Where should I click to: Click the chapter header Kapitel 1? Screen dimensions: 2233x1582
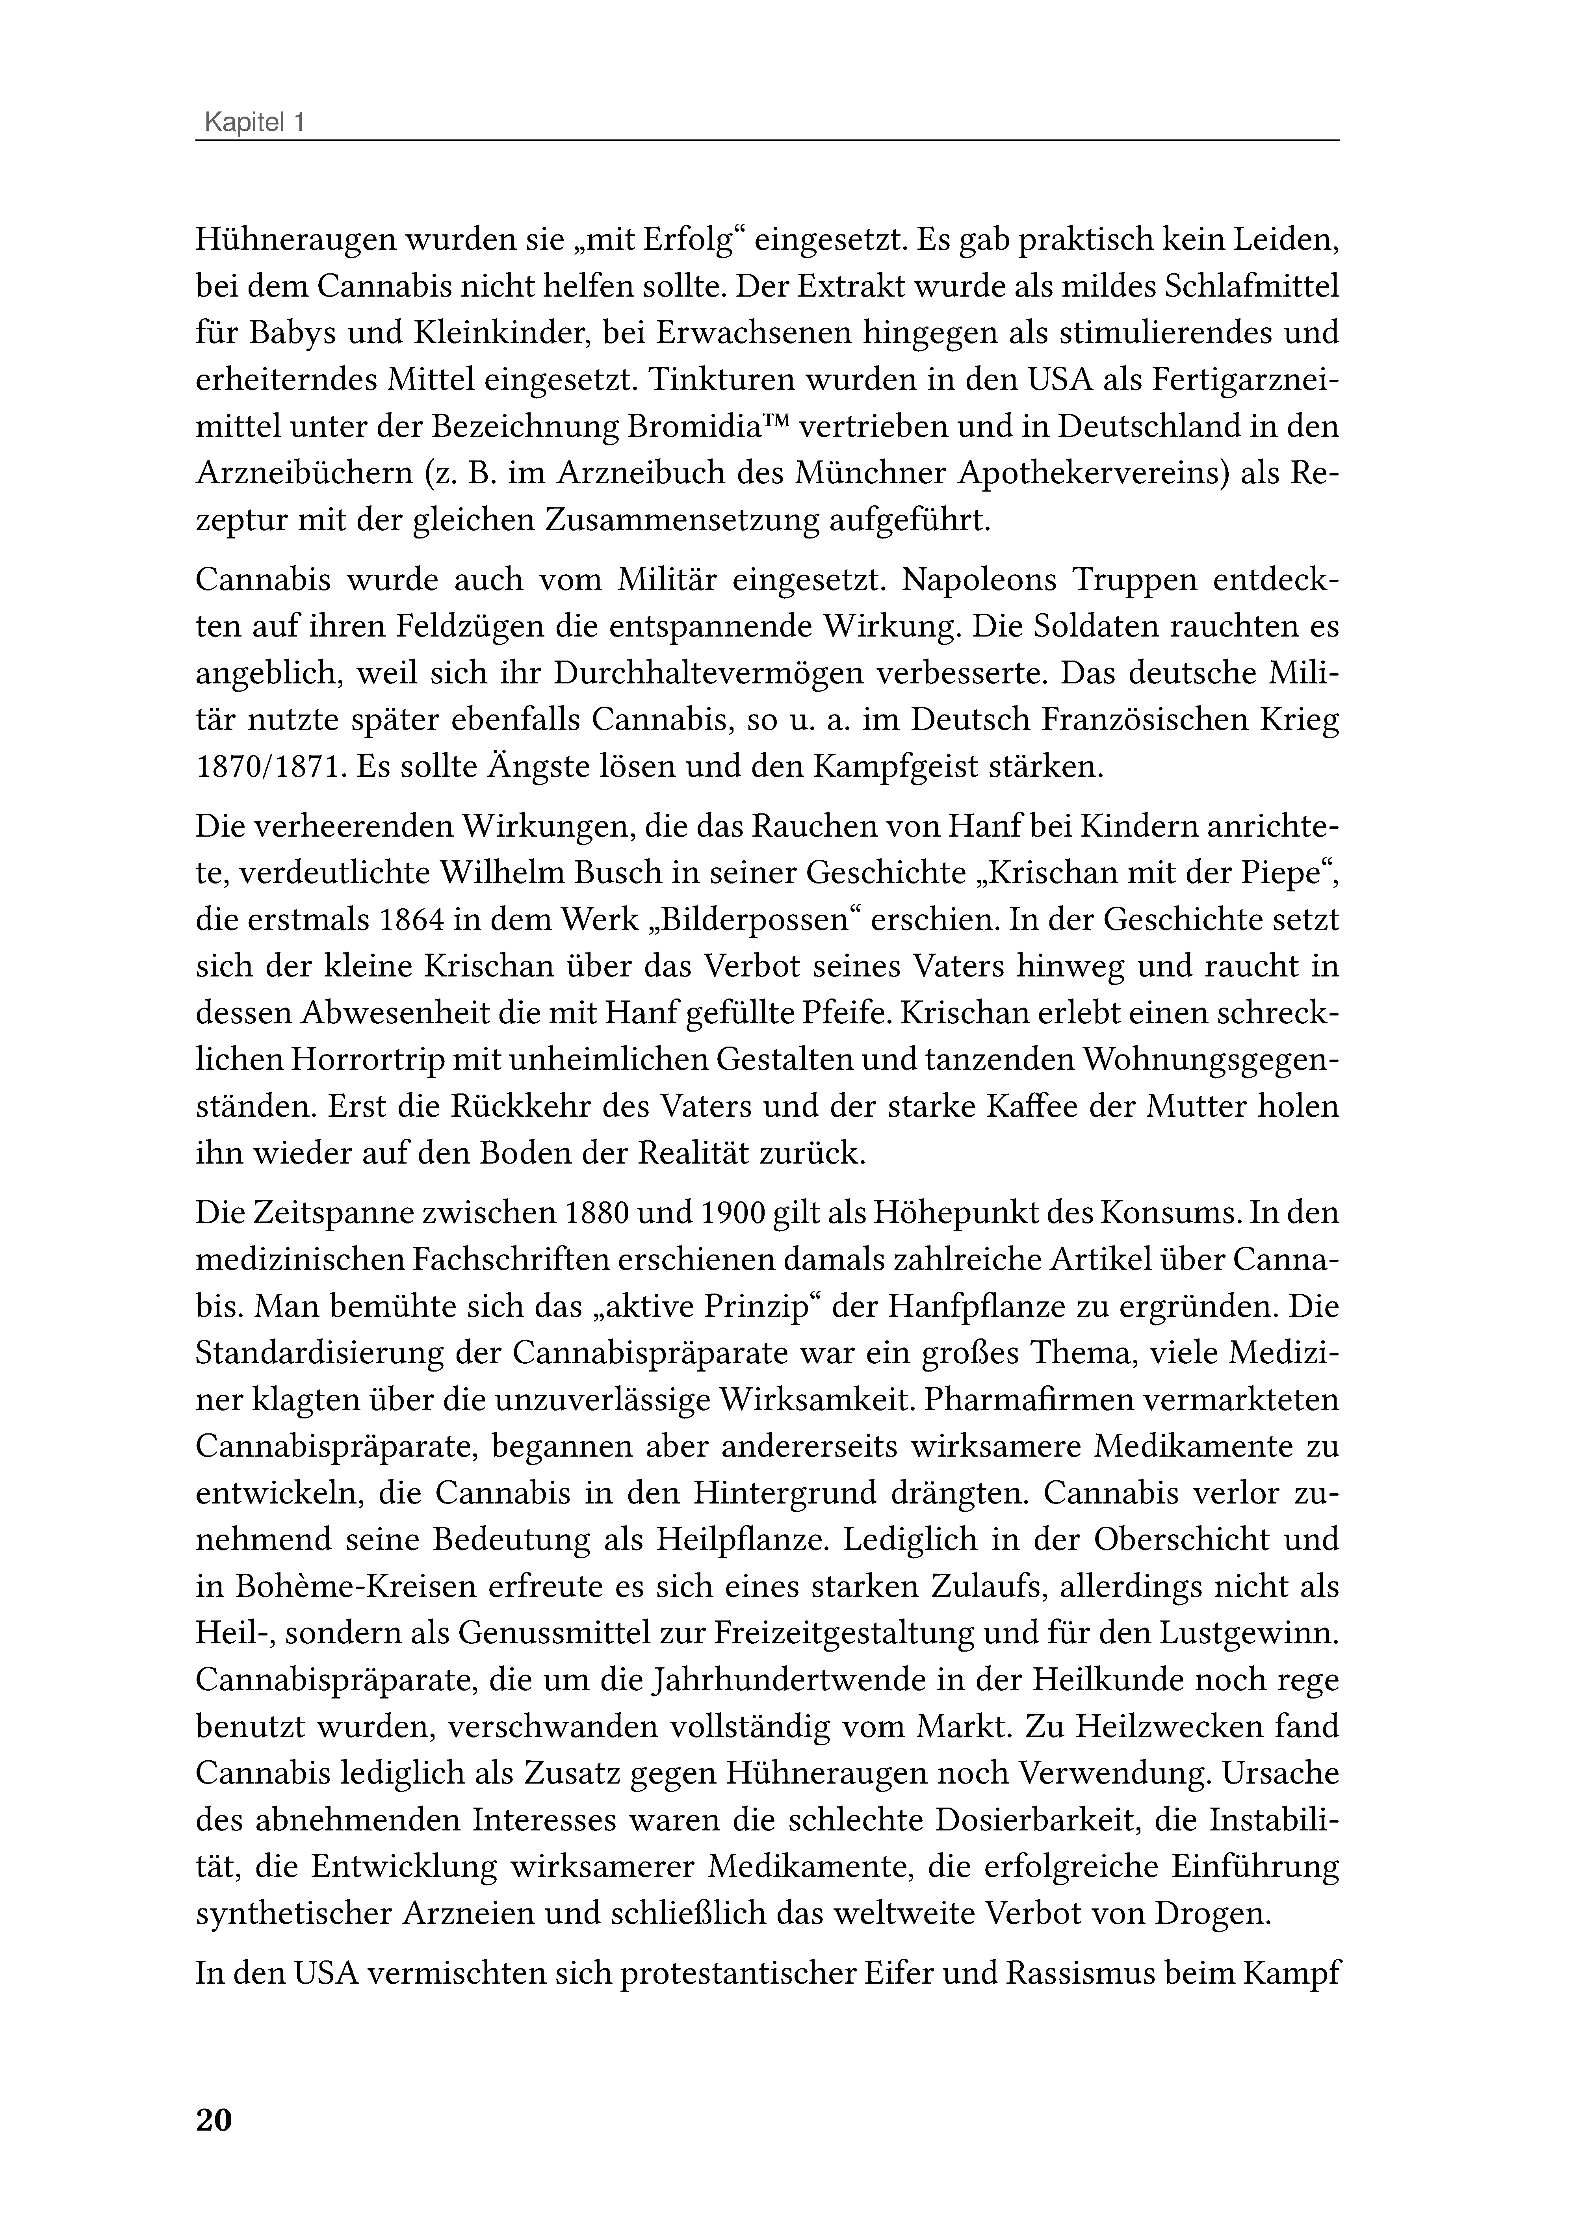(253, 124)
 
